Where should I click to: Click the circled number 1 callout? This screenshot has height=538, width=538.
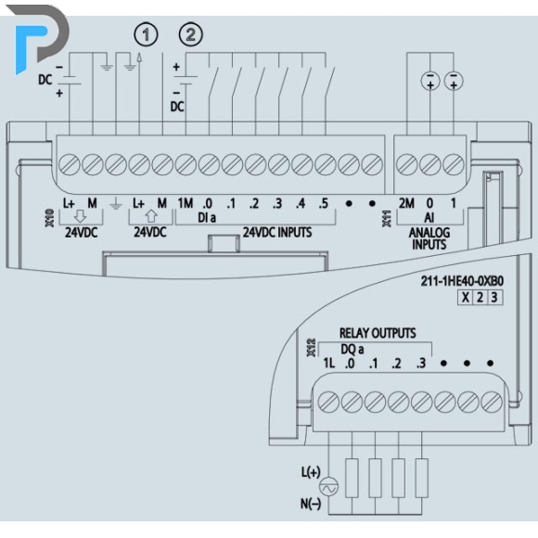(146, 34)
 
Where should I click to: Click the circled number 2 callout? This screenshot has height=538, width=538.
(191, 34)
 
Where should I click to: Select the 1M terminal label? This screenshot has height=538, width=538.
(186, 203)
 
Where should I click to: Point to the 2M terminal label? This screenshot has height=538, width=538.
(406, 203)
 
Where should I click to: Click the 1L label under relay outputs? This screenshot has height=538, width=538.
(329, 363)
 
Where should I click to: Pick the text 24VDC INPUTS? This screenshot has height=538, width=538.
(277, 232)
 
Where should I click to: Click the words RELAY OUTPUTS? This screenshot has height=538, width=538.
(378, 333)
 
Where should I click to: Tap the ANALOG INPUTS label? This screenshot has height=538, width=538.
(429, 238)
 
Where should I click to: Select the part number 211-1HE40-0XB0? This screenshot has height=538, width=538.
(462, 281)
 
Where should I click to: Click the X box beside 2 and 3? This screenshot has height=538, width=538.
(466, 297)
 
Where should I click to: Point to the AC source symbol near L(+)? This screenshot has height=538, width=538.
(328, 487)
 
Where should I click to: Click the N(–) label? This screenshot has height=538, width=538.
(311, 504)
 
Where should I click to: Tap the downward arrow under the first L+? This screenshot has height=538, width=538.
(81, 216)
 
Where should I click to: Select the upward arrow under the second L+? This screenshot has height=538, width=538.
(151, 216)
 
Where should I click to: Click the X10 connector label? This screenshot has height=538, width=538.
(50, 218)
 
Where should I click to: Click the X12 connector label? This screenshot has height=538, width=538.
(311, 348)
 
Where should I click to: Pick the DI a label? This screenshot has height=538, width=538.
(207, 218)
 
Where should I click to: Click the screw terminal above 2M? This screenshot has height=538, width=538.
(407, 164)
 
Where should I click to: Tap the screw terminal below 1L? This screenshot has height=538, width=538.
(328, 402)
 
